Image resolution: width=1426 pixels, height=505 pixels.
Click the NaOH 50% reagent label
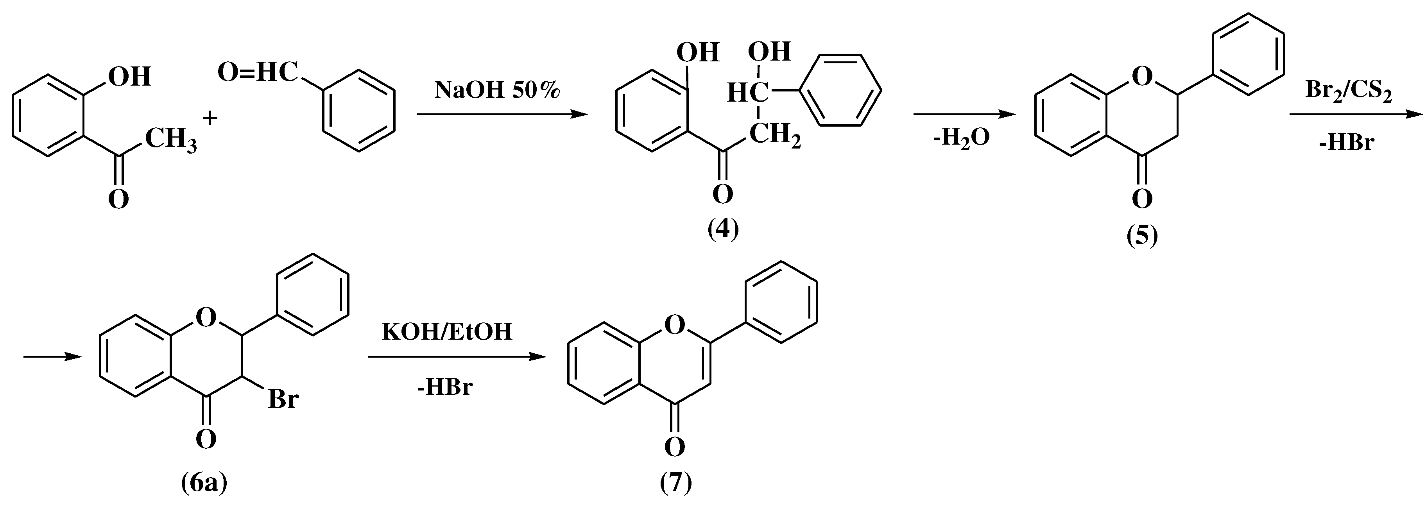496,90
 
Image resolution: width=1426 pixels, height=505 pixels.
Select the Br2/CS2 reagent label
1348,90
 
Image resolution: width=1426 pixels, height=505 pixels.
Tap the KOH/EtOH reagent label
447,332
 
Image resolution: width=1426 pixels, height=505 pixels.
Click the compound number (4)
723,229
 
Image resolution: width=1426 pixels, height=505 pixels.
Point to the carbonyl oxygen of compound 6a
205,440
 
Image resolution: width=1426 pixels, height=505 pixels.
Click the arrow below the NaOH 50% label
501,115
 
